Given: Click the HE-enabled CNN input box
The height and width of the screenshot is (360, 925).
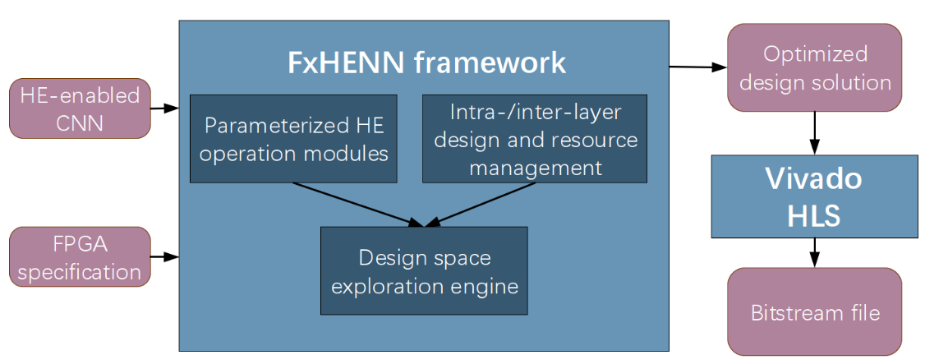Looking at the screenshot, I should (x=80, y=108).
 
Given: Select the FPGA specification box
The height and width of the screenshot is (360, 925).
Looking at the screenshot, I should (x=80, y=256).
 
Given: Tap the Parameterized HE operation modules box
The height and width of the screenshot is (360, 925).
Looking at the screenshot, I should (x=293, y=139).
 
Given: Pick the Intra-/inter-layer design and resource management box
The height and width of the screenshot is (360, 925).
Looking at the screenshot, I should (x=534, y=139).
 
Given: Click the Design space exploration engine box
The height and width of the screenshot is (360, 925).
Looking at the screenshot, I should (x=423, y=270).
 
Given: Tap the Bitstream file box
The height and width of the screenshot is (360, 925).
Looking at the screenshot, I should (x=814, y=312).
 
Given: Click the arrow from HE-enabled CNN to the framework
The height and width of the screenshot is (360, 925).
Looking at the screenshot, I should (x=165, y=108).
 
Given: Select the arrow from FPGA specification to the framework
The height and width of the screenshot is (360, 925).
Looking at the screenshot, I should (x=165, y=256).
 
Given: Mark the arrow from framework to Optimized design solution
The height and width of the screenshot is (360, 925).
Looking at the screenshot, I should (x=697, y=67).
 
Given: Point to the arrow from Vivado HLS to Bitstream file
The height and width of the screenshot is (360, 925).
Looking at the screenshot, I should (x=814, y=252).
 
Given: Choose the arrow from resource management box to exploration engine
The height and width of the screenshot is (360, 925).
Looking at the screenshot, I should (x=485, y=203).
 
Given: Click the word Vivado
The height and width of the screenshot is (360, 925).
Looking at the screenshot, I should (x=813, y=178).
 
